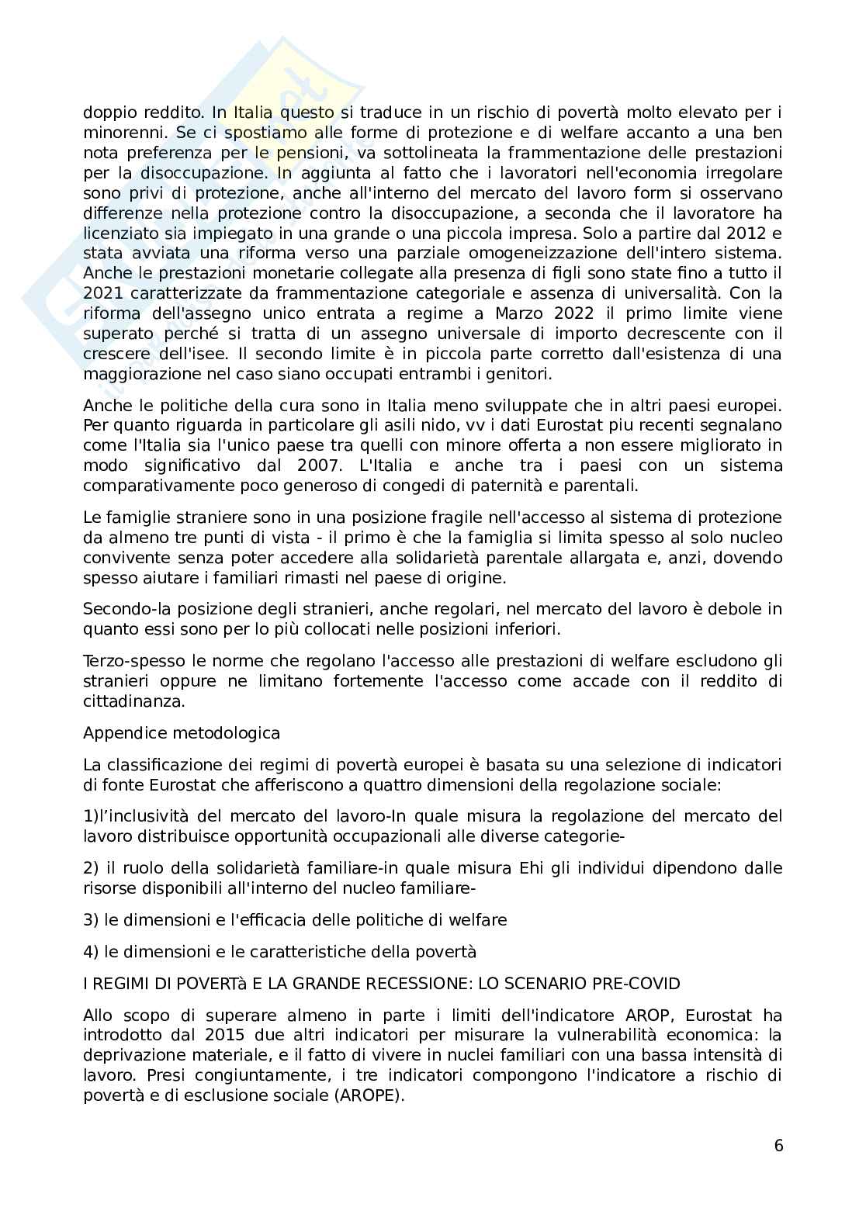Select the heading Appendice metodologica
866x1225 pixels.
click(182, 733)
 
